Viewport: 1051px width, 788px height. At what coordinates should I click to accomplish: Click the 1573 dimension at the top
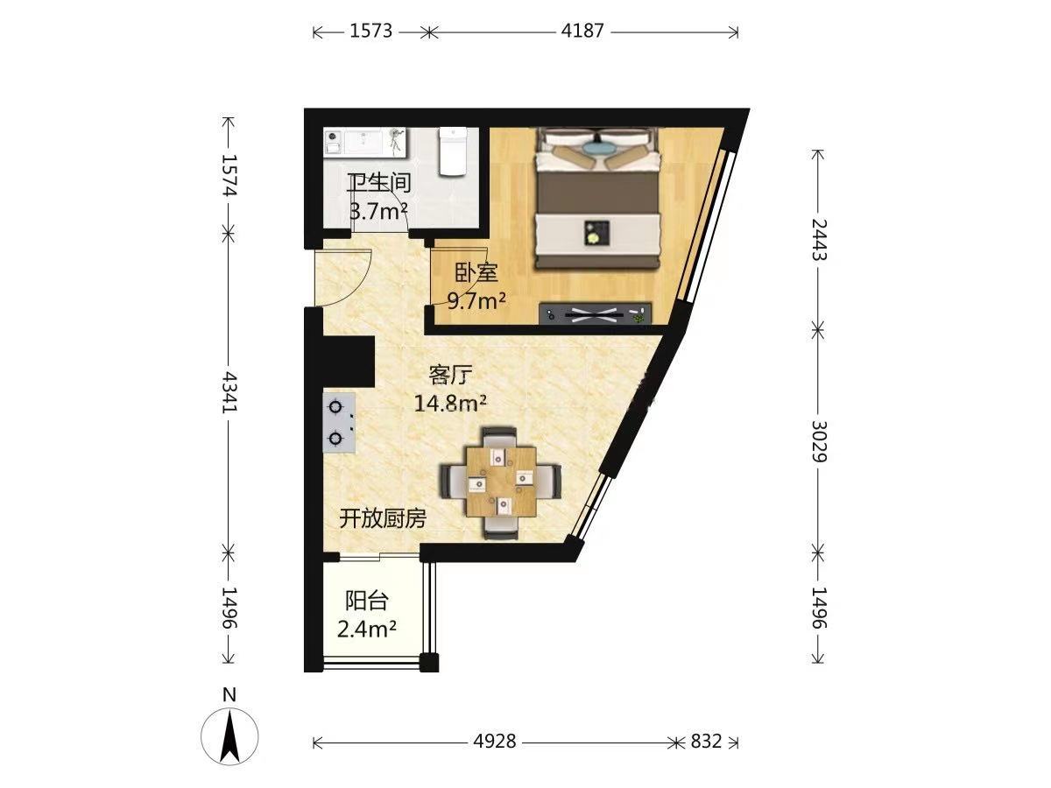(370, 32)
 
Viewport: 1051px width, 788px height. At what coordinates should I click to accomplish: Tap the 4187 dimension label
(582, 32)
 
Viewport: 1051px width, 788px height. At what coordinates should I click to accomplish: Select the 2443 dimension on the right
(819, 239)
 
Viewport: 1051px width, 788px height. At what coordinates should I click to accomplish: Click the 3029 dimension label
(819, 441)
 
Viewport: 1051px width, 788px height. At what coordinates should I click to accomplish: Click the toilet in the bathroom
(453, 151)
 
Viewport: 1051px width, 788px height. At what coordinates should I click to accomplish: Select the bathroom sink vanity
(366, 142)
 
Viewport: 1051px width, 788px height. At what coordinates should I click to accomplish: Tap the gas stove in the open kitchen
(339, 423)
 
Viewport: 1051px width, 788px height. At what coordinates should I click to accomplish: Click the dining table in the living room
(501, 482)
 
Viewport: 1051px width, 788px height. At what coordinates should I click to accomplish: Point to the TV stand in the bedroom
(596, 313)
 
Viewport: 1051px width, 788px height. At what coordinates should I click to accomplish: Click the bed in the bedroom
(597, 199)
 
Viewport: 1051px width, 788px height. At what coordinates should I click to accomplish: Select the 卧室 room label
(476, 272)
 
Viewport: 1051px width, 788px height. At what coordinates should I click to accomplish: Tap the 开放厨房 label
(383, 518)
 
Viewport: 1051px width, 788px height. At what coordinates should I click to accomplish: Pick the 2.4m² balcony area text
(367, 630)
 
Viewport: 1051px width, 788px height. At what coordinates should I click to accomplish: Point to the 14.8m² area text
(450, 403)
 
